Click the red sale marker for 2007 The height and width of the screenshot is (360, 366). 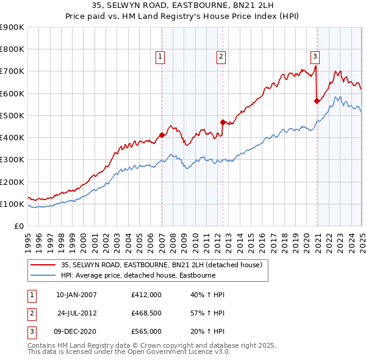click(x=162, y=135)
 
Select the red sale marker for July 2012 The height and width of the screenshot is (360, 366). click(x=223, y=122)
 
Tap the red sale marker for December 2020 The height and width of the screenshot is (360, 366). click(x=317, y=101)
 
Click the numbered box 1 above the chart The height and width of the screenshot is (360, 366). click(x=160, y=57)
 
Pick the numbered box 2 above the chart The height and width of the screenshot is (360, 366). click(x=221, y=57)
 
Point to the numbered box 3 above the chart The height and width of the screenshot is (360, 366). click(x=315, y=57)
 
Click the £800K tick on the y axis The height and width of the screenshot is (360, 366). click(x=12, y=49)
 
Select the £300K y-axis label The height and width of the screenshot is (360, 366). click(x=12, y=160)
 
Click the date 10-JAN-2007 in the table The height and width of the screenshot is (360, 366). click(x=76, y=295)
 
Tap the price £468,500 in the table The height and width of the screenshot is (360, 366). click(x=146, y=313)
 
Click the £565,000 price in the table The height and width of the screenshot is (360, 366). click(x=146, y=331)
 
